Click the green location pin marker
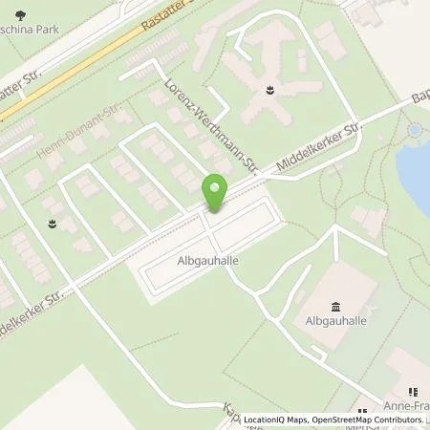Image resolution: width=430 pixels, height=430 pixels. pos(215,191)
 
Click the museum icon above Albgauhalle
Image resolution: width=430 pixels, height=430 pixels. pos(335,307)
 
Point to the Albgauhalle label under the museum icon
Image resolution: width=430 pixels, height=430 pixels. pos(335,323)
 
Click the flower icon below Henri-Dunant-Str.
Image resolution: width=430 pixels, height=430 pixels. pos(52,222)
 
